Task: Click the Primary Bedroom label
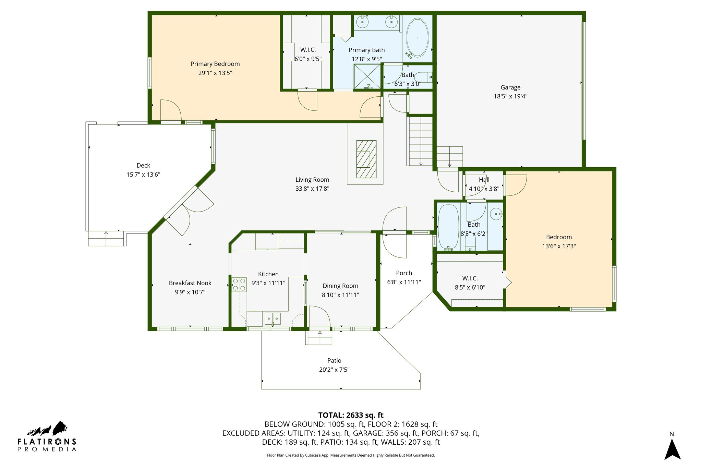click(215, 64)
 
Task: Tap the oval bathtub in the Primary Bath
click(417, 38)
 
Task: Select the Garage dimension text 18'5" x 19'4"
click(510, 96)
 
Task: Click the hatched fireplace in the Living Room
click(366, 159)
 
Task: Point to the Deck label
click(143, 166)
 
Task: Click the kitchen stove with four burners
click(239, 285)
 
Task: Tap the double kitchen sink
click(273, 319)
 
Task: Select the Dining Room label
click(340, 286)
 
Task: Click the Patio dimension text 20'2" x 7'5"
click(334, 370)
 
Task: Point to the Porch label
click(404, 273)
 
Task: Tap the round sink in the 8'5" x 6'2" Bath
click(496, 214)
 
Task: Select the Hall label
click(484, 180)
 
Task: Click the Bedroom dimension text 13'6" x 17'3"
click(559, 246)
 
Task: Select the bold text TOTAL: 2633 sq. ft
click(351, 415)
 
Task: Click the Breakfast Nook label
click(190, 283)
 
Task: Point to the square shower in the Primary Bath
click(367, 76)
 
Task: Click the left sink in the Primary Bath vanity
click(362, 22)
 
